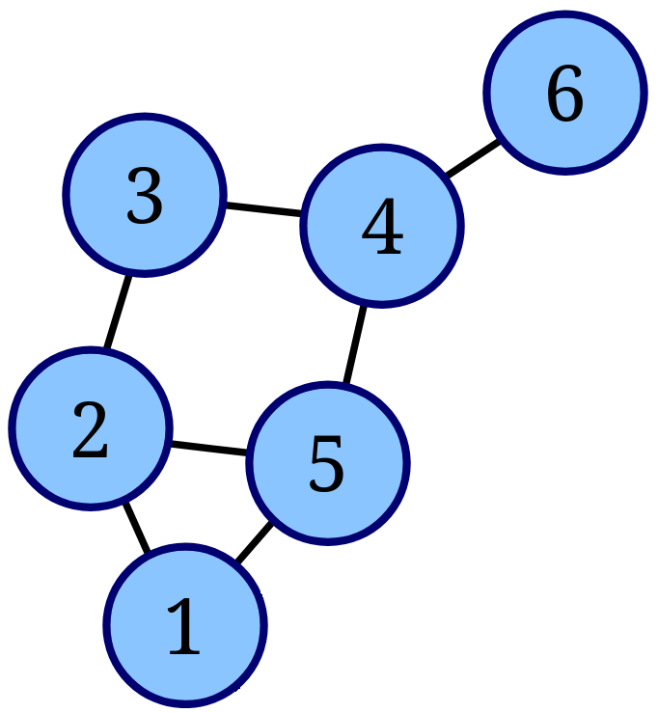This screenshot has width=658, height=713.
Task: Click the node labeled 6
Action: (564, 93)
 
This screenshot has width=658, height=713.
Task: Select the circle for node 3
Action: (145, 194)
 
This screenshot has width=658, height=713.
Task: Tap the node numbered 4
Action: (382, 227)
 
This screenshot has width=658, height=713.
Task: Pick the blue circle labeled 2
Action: (91, 427)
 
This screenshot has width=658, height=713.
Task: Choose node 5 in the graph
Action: (328, 463)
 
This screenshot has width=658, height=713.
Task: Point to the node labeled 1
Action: (184, 625)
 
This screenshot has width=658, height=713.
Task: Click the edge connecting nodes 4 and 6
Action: (473, 159)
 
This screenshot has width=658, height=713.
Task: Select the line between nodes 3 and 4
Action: (263, 208)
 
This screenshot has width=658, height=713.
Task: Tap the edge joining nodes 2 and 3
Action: (117, 311)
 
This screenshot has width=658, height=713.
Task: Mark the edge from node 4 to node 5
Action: (354, 344)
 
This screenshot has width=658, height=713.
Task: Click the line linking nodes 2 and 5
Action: (209, 447)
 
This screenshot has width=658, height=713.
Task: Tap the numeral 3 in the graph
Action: (145, 198)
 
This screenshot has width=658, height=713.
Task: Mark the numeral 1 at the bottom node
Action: (184, 627)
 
